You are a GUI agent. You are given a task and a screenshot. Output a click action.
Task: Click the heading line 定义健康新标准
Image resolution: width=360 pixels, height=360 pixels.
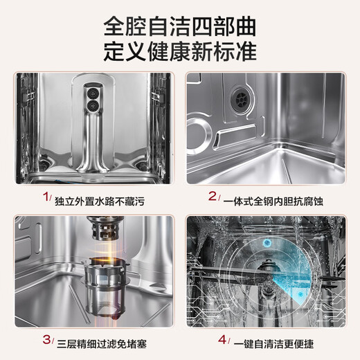pyautogui.click(x=180, y=52)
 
